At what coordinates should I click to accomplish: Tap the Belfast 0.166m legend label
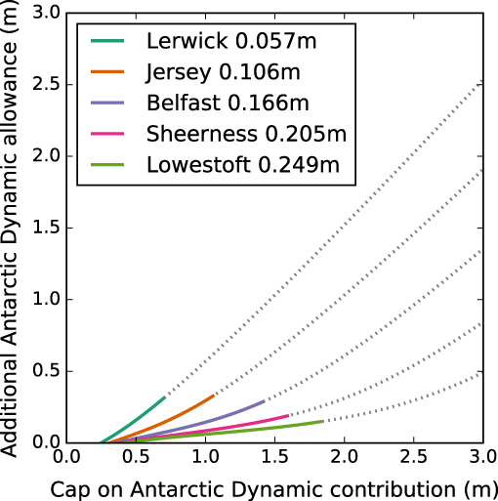(229, 103)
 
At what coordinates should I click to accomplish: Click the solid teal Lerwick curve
(137, 417)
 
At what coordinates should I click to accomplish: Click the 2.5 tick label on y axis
(44, 84)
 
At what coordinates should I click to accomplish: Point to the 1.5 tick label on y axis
(44, 228)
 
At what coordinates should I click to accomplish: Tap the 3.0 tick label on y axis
(44, 13)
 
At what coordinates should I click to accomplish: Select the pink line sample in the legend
(108, 133)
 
